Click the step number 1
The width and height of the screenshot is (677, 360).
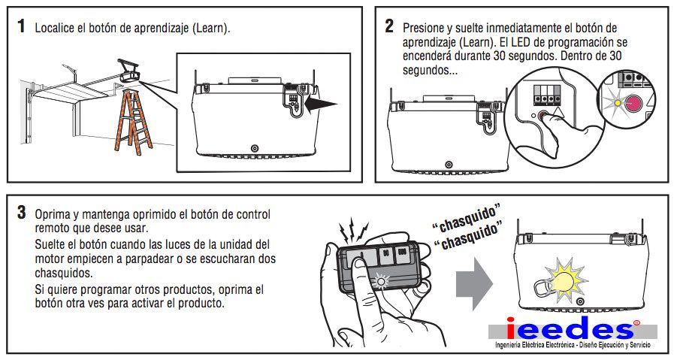click(21, 26)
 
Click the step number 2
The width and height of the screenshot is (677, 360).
click(389, 26)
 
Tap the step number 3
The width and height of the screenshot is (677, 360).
click(22, 213)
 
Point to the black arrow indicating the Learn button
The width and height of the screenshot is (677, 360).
click(321, 104)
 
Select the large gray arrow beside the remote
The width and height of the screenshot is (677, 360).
click(474, 283)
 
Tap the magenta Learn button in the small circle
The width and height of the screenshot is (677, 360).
click(634, 104)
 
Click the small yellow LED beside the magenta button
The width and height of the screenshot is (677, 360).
click(618, 103)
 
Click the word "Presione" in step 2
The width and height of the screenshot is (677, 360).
click(423, 28)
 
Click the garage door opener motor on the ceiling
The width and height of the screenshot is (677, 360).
click(130, 72)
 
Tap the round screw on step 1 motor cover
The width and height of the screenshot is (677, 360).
click(254, 149)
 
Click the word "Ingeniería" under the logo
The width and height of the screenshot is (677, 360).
click(508, 345)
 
